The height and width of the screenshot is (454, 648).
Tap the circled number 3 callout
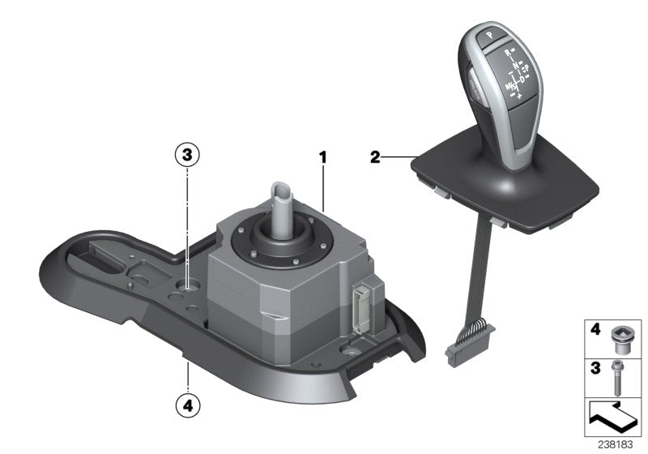click(187, 155)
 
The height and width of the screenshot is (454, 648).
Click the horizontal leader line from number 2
click(399, 157)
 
